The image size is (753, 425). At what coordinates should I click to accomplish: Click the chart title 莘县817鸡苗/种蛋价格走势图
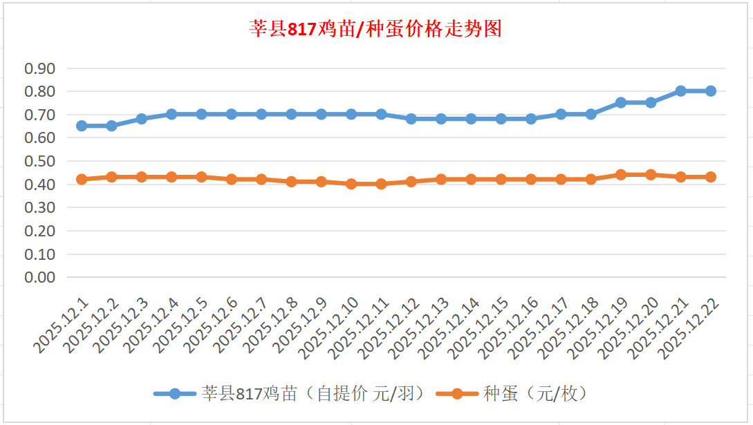coord(375,30)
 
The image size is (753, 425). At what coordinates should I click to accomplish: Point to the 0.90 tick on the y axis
coord(39,68)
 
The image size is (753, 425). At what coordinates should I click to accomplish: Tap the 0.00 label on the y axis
coord(39,277)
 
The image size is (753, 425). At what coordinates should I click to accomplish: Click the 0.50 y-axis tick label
coord(39,161)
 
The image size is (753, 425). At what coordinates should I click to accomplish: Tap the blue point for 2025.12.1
coord(82,126)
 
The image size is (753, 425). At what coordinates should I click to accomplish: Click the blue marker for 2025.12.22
coord(710,91)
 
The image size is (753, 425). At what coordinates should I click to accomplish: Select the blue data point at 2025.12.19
coord(620,102)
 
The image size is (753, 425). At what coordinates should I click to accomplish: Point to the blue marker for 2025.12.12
coord(411,119)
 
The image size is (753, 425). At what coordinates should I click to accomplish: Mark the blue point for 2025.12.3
coord(141,119)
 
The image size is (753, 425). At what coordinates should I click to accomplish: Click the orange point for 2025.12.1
coord(82,179)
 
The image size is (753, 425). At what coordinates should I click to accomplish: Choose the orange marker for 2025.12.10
coord(351,184)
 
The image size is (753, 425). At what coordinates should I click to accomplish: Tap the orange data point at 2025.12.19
coord(620,175)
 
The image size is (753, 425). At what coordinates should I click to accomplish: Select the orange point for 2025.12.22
coord(710,177)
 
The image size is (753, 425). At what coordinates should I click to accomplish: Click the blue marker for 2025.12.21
coord(680,91)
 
